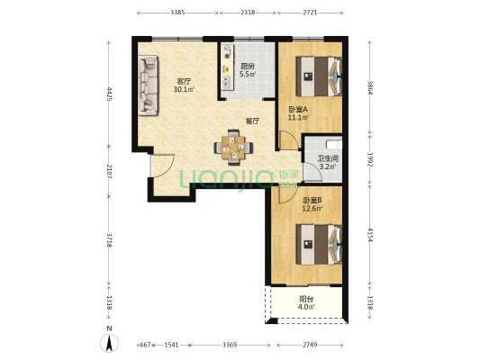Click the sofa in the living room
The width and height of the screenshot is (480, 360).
click(x=149, y=85)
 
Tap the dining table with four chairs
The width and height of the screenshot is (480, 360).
click(x=233, y=148)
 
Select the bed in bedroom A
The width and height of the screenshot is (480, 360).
click(x=319, y=76)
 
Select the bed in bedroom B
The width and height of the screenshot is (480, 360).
click(x=319, y=245)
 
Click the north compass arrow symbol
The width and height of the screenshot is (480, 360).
click(x=109, y=343)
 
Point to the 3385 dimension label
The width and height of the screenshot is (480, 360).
click(x=177, y=13)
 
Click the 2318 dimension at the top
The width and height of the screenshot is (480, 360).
click(x=248, y=13)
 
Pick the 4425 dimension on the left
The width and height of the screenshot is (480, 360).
click(x=109, y=94)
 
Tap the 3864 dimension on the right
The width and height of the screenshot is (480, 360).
click(x=370, y=88)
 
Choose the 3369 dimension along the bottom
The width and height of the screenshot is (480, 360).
click(x=230, y=345)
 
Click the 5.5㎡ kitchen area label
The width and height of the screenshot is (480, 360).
click(x=248, y=74)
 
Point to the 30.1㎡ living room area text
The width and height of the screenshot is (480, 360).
click(x=184, y=89)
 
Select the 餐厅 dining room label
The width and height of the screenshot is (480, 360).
click(x=252, y=121)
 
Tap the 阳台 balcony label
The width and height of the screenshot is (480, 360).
click(x=306, y=299)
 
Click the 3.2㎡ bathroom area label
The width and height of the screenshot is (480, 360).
click(x=328, y=167)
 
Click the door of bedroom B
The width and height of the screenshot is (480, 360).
click(x=288, y=194)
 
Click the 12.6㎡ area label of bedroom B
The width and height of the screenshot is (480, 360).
click(x=312, y=209)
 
